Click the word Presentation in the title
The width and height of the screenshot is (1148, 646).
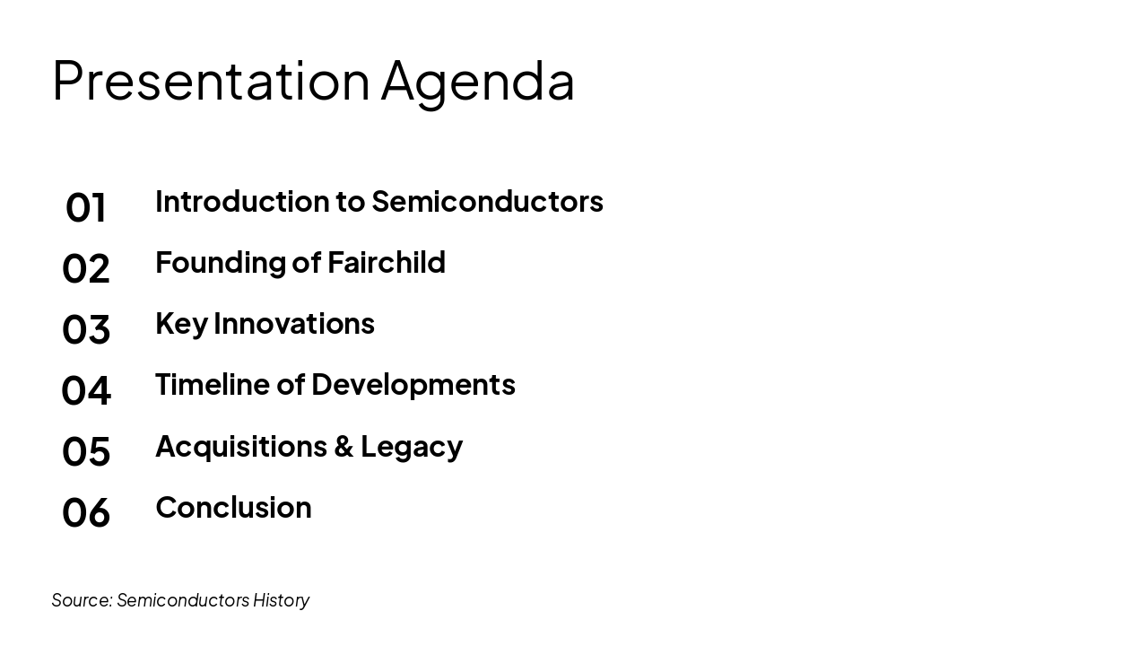[x=211, y=81]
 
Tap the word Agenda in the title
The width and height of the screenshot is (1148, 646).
[x=478, y=84]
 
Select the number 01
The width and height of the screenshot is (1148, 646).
[x=86, y=207]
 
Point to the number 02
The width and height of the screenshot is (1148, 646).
[x=86, y=268]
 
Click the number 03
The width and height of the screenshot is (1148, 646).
[x=86, y=329]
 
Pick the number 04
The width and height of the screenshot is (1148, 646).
[x=86, y=390]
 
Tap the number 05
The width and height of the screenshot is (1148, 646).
[x=86, y=451]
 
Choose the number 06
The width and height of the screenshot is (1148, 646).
[x=86, y=512]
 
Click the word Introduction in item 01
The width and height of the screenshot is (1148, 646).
[x=242, y=201]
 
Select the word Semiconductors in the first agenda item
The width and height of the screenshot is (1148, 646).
[x=487, y=201]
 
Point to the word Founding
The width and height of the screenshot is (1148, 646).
[x=221, y=264]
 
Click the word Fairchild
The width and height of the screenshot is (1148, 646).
[x=387, y=262]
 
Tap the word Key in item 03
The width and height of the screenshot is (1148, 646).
[x=181, y=325]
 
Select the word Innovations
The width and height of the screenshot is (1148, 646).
[x=294, y=324]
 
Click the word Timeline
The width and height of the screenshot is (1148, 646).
[x=213, y=385]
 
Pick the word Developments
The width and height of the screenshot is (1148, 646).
[x=413, y=386]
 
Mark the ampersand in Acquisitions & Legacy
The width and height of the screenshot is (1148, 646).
[x=344, y=446]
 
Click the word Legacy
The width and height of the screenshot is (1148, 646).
[x=412, y=448]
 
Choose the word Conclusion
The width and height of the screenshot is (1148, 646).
[x=234, y=508]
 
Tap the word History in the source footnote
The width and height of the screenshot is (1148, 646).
[x=281, y=600]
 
